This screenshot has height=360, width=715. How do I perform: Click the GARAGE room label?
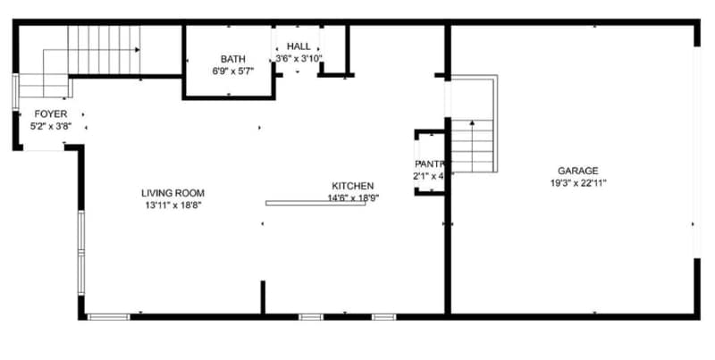pyautogui.click(x=577, y=171)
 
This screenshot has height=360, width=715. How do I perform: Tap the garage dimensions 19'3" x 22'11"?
pyautogui.click(x=577, y=183)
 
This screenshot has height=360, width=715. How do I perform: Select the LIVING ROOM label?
pyautogui.click(x=172, y=193)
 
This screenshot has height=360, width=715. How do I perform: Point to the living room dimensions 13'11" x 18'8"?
pyautogui.click(x=172, y=205)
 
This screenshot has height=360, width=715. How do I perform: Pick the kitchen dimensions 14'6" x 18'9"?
pyautogui.click(x=353, y=198)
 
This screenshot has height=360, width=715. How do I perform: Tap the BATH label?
pyautogui.click(x=233, y=59)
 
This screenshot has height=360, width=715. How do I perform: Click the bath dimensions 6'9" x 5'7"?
pyautogui.click(x=233, y=71)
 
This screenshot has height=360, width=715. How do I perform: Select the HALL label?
pyautogui.click(x=299, y=46)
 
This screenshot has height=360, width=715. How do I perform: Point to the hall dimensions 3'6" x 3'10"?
pyautogui.click(x=299, y=59)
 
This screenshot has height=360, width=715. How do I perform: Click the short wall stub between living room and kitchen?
pyautogui.click(x=263, y=297)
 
